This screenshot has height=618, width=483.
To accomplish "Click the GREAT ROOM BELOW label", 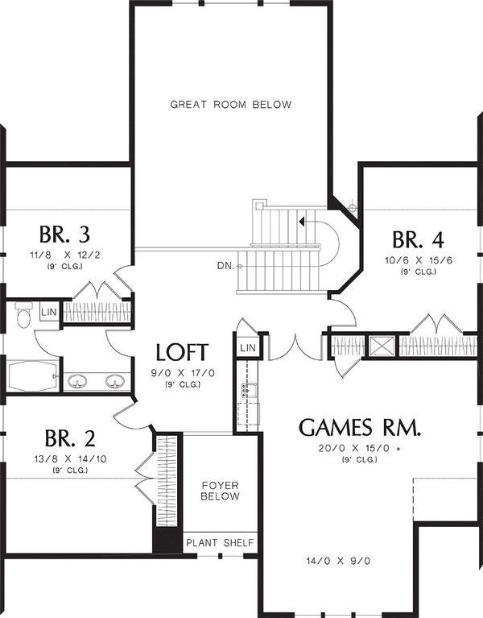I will coord(230,104).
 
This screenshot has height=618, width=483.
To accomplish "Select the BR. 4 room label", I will coord(418,240).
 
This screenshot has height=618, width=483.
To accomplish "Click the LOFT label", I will coord(183,352).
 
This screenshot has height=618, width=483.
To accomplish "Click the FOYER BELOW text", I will coord(220,491).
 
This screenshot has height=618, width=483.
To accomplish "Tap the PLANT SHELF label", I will coord(219,543).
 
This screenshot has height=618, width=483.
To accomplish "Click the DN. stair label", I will coord(225,265).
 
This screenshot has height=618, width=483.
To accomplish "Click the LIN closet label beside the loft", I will coord(247,346).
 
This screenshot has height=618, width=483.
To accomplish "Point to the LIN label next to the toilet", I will coord(48,311).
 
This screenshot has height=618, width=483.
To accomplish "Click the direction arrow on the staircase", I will coord(301,219).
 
